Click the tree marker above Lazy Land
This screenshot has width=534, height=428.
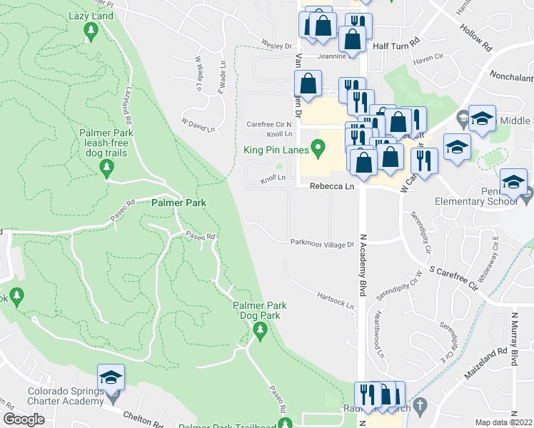[91, 31]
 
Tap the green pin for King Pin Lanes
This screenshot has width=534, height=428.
[319, 149]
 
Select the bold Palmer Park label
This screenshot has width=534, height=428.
[178, 203]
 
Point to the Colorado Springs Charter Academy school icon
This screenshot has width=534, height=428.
[111, 376]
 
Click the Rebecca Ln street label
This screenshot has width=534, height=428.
[331, 185]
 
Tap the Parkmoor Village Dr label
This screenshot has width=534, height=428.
[322, 243]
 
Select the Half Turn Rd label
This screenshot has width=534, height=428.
[394, 45]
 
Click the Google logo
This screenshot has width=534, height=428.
[24, 419]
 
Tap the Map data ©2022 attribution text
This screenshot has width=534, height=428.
[504, 422]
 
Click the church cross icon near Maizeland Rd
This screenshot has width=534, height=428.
[421, 405]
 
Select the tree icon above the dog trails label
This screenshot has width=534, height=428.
[106, 168]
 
